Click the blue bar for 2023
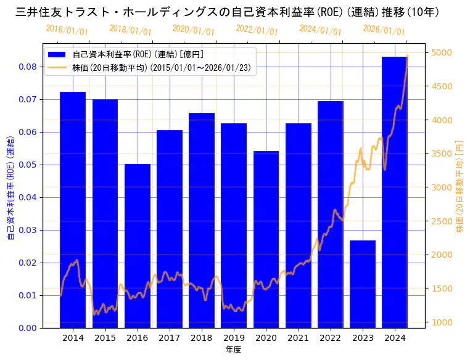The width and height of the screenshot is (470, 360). (363, 284)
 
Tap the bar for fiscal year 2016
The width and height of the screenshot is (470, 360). (138, 246)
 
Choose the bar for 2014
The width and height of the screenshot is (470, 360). (73, 210)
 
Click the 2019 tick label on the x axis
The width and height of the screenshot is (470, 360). (234, 338)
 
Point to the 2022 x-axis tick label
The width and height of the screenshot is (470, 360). (331, 338)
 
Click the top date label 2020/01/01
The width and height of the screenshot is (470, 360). (194, 30)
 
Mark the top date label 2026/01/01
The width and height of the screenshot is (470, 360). (384, 30)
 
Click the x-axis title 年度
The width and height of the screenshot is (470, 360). (233, 350)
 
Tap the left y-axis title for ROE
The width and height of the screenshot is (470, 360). (10, 185)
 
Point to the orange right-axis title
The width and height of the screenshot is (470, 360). (460, 185)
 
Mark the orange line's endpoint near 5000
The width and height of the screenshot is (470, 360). (407, 57)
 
